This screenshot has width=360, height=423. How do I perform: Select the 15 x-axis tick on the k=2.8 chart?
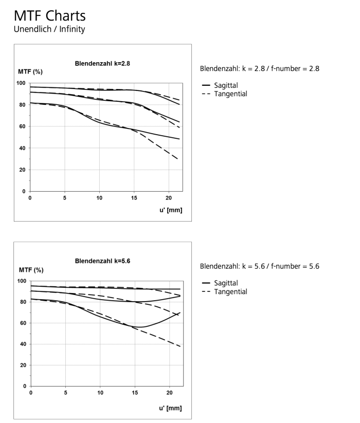(134, 197)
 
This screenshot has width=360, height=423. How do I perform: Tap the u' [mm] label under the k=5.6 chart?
(170, 408)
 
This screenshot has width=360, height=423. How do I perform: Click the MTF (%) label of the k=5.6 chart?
(31, 269)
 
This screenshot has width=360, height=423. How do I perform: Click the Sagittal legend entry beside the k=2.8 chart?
(227, 85)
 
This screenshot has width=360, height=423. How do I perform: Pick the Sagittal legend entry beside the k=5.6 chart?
(227, 283)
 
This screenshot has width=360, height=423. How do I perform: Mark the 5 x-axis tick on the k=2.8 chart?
(65, 197)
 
